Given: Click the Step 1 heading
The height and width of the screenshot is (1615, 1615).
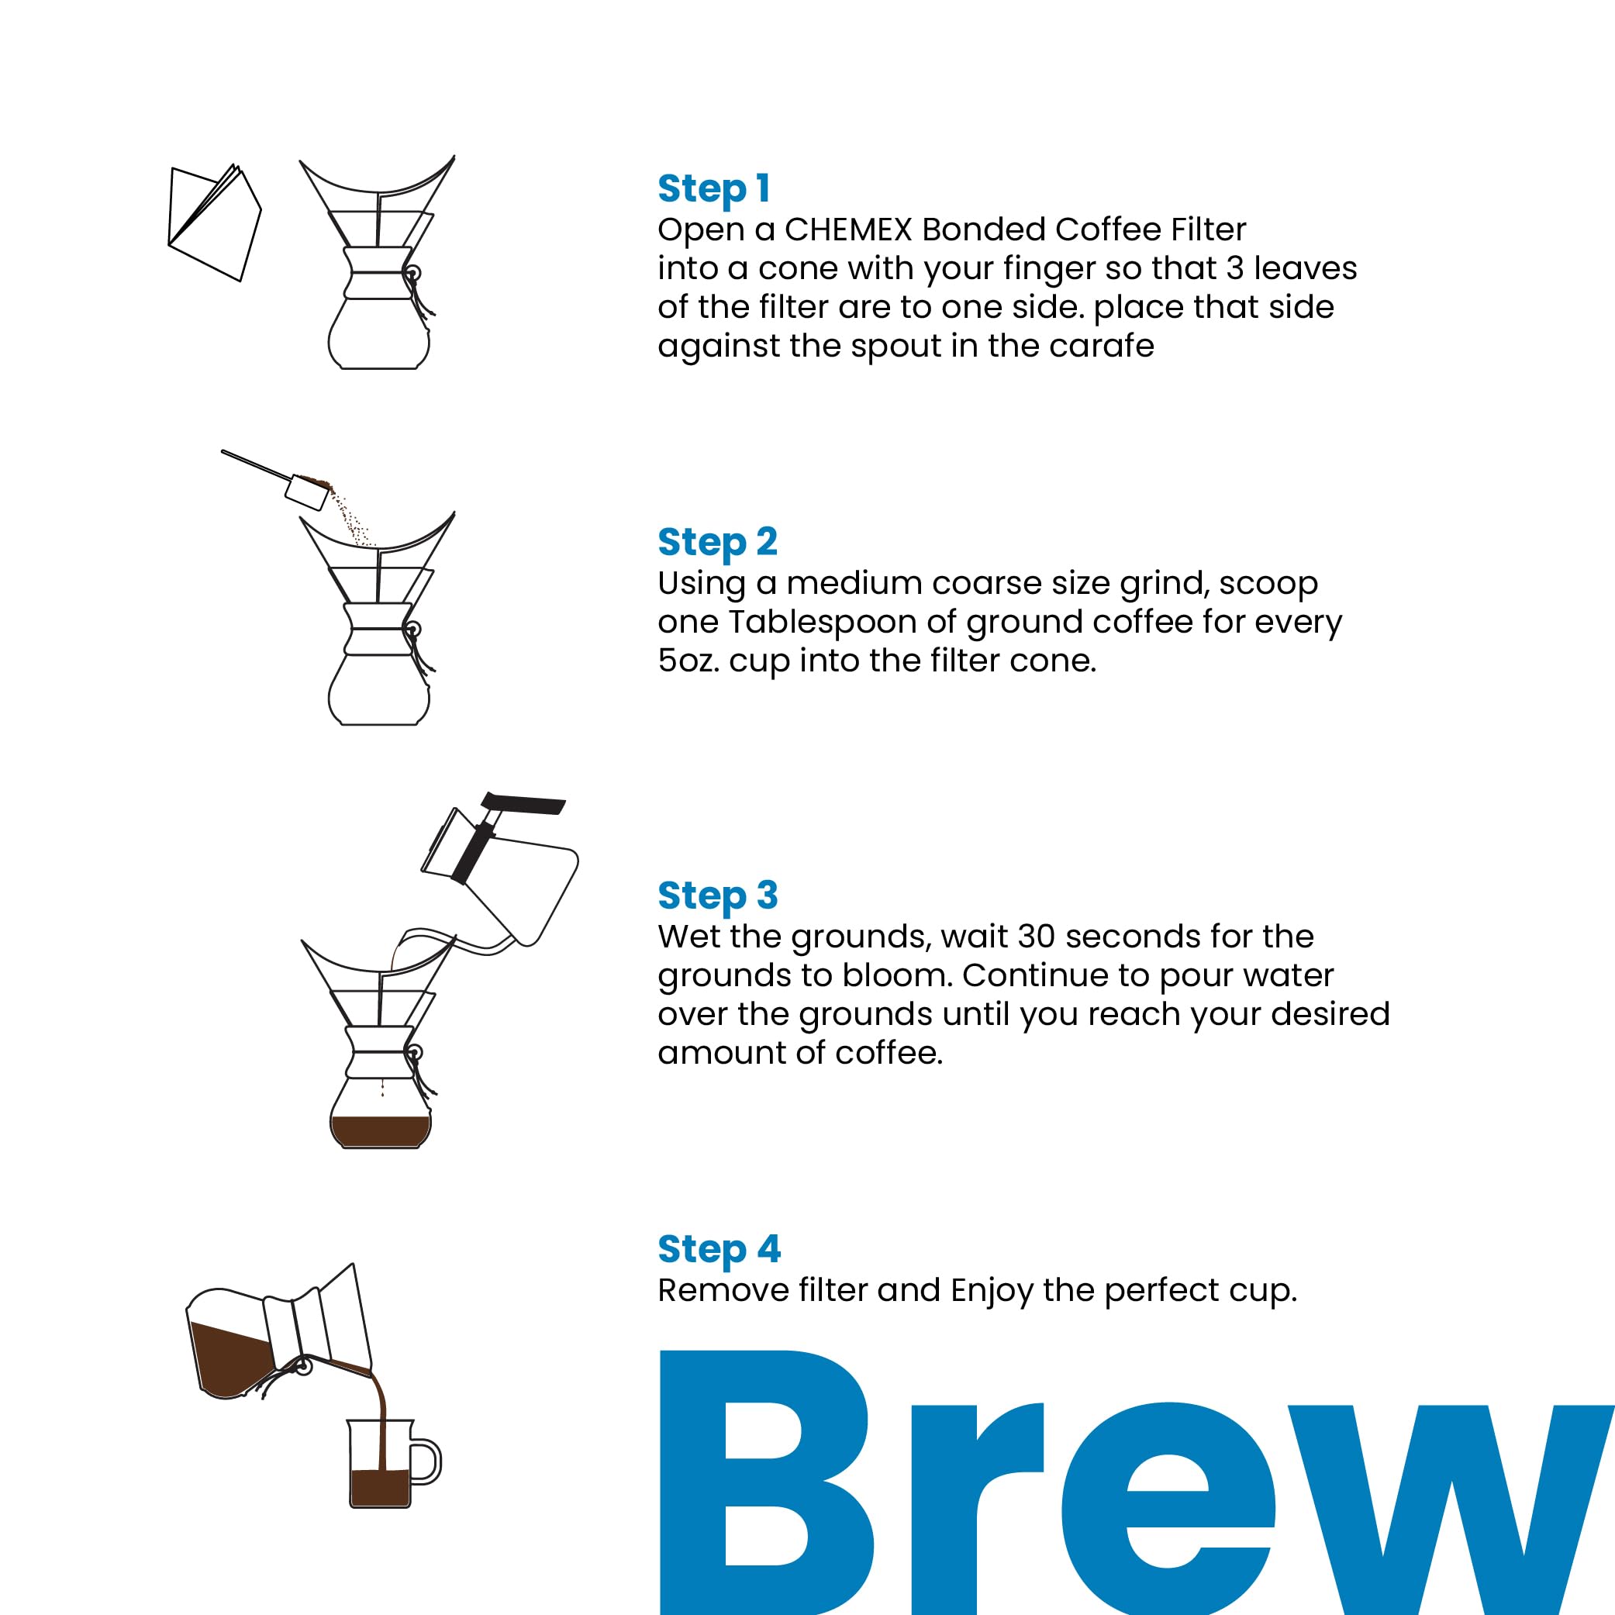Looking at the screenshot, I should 713,189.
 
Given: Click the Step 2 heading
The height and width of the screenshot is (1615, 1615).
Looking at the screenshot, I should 717,543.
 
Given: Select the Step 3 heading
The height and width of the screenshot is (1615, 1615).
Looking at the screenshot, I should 717,896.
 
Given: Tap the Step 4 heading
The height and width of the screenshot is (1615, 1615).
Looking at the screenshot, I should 718,1250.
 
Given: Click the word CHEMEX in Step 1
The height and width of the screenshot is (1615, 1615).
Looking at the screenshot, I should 847,229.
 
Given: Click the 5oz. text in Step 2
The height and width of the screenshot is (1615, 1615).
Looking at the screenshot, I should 688,661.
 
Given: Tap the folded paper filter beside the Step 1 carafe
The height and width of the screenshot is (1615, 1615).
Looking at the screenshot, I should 214,223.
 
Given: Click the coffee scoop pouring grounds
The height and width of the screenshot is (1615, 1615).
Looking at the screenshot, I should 306,492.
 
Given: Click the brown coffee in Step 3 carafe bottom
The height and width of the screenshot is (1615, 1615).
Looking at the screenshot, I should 381,1131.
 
